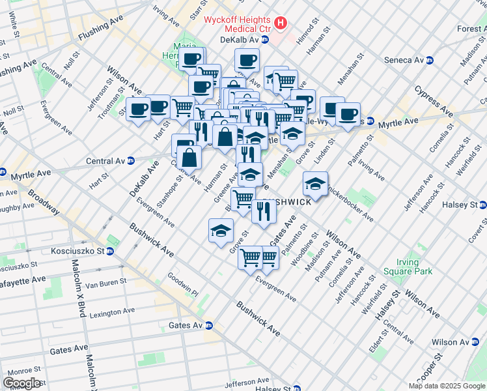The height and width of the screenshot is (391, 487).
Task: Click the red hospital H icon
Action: tap(281, 24)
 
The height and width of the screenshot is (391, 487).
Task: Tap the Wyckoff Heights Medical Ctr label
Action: tap(238, 24)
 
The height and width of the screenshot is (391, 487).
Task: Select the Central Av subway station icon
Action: tap(130, 160)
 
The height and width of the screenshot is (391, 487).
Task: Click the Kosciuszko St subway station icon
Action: tap(110, 251)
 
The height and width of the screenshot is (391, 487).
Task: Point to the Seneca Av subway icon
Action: tap(430, 61)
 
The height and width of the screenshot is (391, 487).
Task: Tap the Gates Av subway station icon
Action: tap(209, 325)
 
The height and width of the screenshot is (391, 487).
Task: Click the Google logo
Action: tap(21, 383)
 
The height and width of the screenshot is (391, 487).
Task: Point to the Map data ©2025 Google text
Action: tap(447, 386)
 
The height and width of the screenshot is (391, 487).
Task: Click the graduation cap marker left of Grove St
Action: tap(221, 229)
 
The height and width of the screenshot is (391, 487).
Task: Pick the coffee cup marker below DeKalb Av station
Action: tap(247, 60)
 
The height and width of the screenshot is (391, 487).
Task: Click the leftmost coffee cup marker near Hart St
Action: tap(137, 109)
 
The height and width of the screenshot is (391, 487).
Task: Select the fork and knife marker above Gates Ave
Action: tap(264, 210)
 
